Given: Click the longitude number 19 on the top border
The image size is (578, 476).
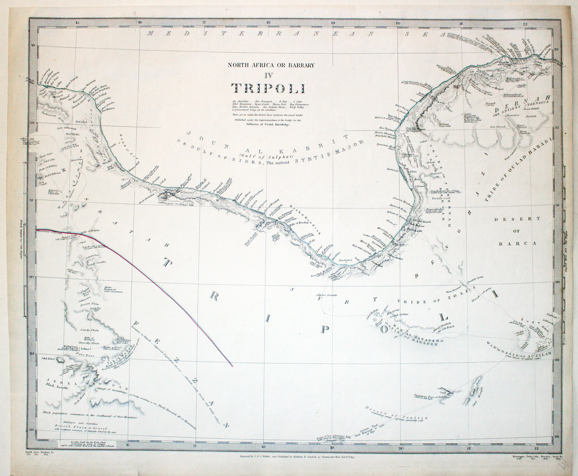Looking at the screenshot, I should point(333,23).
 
